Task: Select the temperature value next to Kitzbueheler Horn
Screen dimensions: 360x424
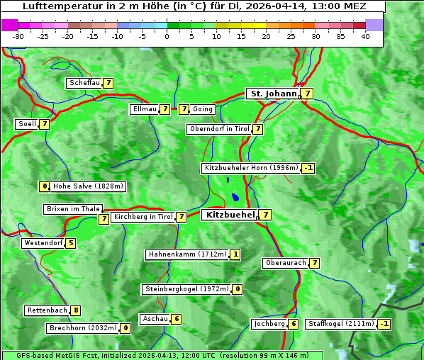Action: point(308,168)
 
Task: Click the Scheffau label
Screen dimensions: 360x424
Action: point(84,83)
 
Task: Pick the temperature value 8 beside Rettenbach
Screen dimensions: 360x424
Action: point(76,310)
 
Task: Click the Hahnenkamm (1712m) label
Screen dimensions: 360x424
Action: point(187,254)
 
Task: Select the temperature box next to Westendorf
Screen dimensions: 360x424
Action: point(70,243)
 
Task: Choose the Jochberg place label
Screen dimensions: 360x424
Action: point(269,324)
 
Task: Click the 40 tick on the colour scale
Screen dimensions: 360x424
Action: point(365,36)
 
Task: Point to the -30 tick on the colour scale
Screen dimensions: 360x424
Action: point(18,36)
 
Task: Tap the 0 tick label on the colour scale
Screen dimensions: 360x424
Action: point(167,36)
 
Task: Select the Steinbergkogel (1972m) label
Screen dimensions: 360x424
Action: point(187,289)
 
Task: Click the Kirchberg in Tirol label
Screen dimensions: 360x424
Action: point(143,217)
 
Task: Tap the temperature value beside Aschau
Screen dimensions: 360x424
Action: point(177,319)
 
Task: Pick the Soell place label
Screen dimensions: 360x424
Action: point(27,124)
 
